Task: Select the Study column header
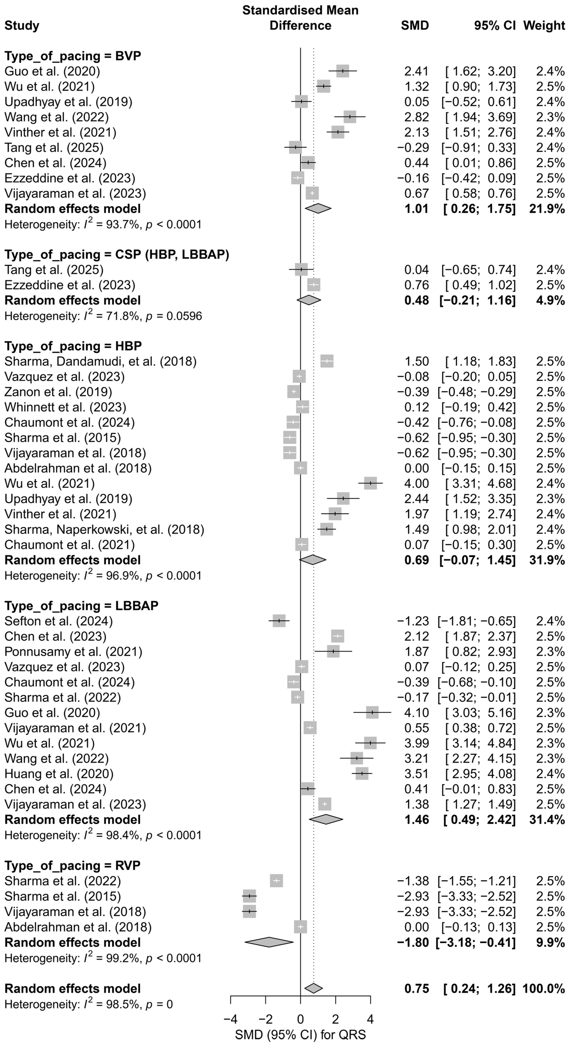tap(22, 26)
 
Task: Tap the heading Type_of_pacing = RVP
tap(72, 865)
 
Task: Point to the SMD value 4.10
tap(416, 712)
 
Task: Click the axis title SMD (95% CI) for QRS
tap(300, 1035)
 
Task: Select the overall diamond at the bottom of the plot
tap(313, 988)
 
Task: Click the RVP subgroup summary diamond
tap(269, 942)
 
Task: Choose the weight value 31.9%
tap(547, 560)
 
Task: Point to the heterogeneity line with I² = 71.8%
tap(103, 316)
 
